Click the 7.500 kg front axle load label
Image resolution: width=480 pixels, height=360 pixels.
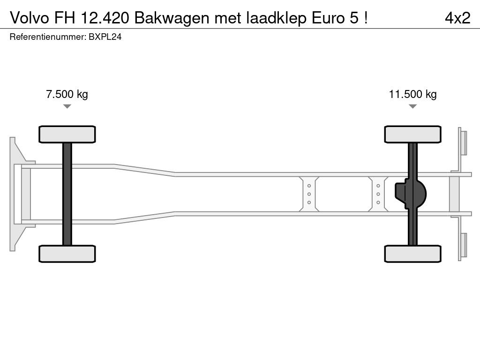coord(67,94)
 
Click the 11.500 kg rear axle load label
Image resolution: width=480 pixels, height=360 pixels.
coord(412,94)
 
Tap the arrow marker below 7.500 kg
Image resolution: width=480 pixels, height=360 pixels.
coord(67,106)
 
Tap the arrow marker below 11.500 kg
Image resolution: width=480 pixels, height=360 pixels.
coord(412,106)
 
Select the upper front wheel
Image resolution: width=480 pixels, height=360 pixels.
coord(67,134)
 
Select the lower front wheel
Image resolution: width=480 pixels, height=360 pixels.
coord(67,254)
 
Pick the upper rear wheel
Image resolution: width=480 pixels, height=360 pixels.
coord(412,134)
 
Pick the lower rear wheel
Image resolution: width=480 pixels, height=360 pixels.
coord(412,254)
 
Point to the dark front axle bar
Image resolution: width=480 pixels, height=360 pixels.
coord(67,194)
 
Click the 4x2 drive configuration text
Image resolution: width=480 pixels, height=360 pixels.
coord(457,18)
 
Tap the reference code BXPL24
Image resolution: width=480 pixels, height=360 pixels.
coord(105,37)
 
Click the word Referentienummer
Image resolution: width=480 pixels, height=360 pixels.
coord(47,37)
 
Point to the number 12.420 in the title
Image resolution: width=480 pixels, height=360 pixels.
coord(109,18)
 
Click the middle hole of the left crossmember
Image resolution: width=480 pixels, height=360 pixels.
coord(309,194)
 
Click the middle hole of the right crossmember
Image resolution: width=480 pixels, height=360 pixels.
coord(378,194)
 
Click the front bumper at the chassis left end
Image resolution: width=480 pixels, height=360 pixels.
coord(17,194)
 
